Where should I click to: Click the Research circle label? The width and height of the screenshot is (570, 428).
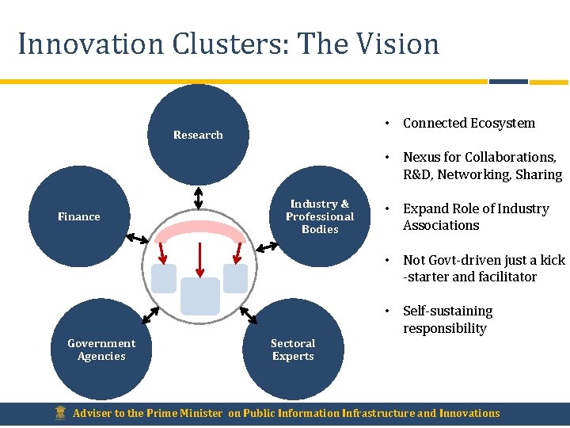[198, 135]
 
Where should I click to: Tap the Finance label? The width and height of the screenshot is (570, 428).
[79, 216]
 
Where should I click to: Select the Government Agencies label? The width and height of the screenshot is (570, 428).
[101, 350]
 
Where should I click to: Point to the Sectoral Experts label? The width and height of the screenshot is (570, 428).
[293, 350]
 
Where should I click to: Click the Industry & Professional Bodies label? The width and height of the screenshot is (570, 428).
[320, 216]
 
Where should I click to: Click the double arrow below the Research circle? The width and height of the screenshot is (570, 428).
[198, 197]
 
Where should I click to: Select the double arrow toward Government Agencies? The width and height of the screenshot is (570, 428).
[151, 315]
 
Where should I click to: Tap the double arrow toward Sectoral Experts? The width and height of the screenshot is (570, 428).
[248, 315]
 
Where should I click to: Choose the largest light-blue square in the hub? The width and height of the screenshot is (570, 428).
[199, 296]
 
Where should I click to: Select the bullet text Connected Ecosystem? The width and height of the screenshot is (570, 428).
[469, 123]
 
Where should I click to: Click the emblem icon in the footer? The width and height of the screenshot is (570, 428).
[59, 413]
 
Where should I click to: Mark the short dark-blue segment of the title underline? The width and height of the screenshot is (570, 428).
[508, 81]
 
